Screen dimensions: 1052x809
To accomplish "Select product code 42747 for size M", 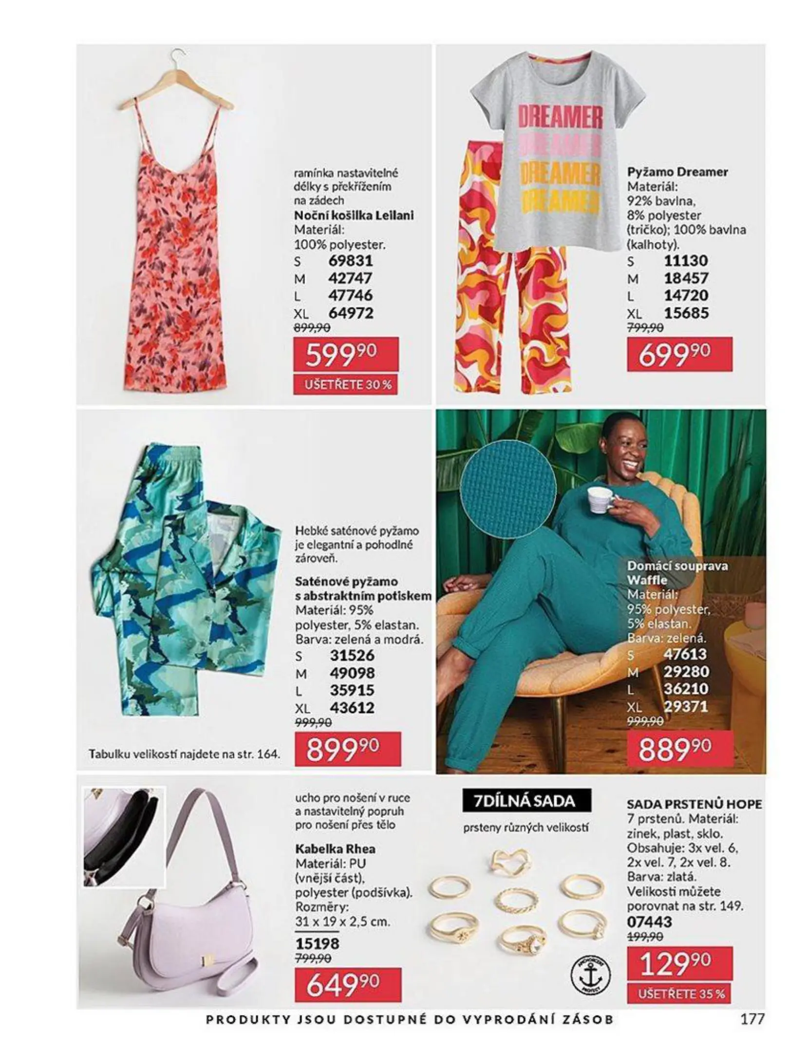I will [x=350, y=278].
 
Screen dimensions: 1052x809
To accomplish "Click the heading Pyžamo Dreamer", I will [x=677, y=172].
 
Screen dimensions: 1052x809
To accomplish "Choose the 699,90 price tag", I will [x=679, y=355].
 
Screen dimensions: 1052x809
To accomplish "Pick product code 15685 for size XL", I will [x=686, y=313].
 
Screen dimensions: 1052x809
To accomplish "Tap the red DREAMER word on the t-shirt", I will [x=560, y=117].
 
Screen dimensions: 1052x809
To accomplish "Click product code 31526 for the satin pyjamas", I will [x=352, y=656].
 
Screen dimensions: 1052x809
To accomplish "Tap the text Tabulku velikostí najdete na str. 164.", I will [x=185, y=754].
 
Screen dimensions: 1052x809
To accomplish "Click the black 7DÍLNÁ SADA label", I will [x=526, y=801].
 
